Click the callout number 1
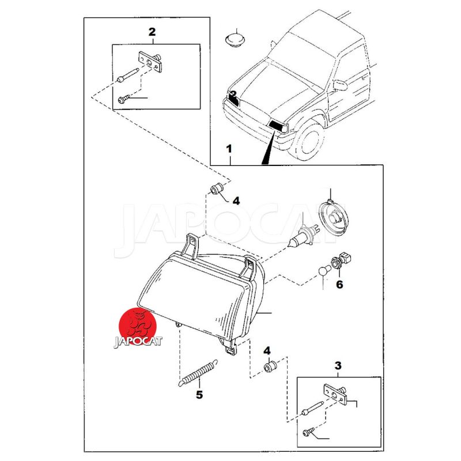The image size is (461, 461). [x=229, y=149]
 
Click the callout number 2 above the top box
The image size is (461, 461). [x=152, y=32]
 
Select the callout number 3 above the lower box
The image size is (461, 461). [x=338, y=365]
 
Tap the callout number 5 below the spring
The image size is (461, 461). [x=199, y=395]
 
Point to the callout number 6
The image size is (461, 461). [x=339, y=284]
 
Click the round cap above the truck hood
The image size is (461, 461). [x=235, y=40]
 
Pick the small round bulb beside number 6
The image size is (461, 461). [x=325, y=269]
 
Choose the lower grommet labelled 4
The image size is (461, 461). [x=270, y=366]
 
